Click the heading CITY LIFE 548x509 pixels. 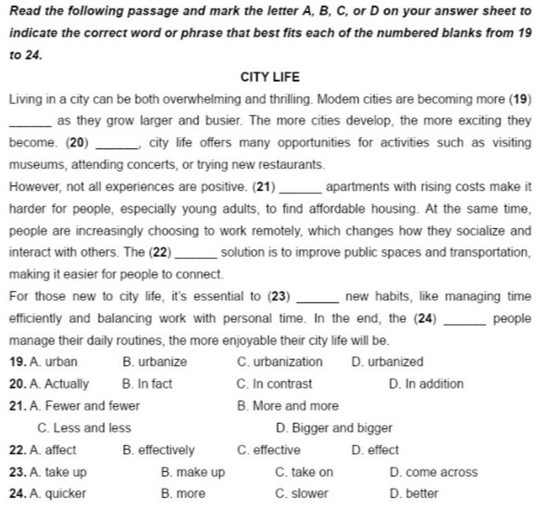click(270, 77)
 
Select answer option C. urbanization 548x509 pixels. click(279, 362)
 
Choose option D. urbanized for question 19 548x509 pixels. click(387, 362)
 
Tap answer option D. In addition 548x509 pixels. click(426, 384)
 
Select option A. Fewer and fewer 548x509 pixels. click(85, 406)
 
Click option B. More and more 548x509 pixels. click(287, 406)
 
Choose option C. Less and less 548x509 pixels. click(85, 428)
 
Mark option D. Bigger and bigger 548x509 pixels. click(334, 428)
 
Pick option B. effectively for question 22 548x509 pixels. click(158, 450)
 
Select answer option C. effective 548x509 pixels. click(269, 450)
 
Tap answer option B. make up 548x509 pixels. click(193, 472)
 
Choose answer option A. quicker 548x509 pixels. click(58, 493)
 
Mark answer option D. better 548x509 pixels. click(414, 493)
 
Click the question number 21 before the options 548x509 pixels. click(18, 406)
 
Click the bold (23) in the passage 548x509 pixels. click(278, 296)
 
